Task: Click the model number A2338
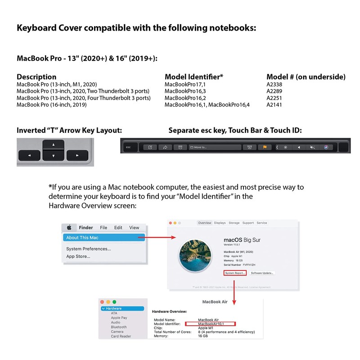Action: click(x=274, y=84)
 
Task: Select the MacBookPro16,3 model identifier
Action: click(x=185, y=91)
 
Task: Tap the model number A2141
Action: click(x=274, y=105)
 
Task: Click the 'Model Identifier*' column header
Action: click(x=194, y=77)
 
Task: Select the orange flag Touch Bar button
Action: click(x=265, y=147)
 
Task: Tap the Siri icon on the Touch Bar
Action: click(x=326, y=147)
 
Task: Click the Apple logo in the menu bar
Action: click(x=69, y=228)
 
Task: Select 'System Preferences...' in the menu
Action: click(x=89, y=249)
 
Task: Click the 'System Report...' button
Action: click(x=235, y=273)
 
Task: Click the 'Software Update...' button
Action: click(x=262, y=273)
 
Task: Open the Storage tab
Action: click(x=234, y=223)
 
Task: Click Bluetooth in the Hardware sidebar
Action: click(x=119, y=327)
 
